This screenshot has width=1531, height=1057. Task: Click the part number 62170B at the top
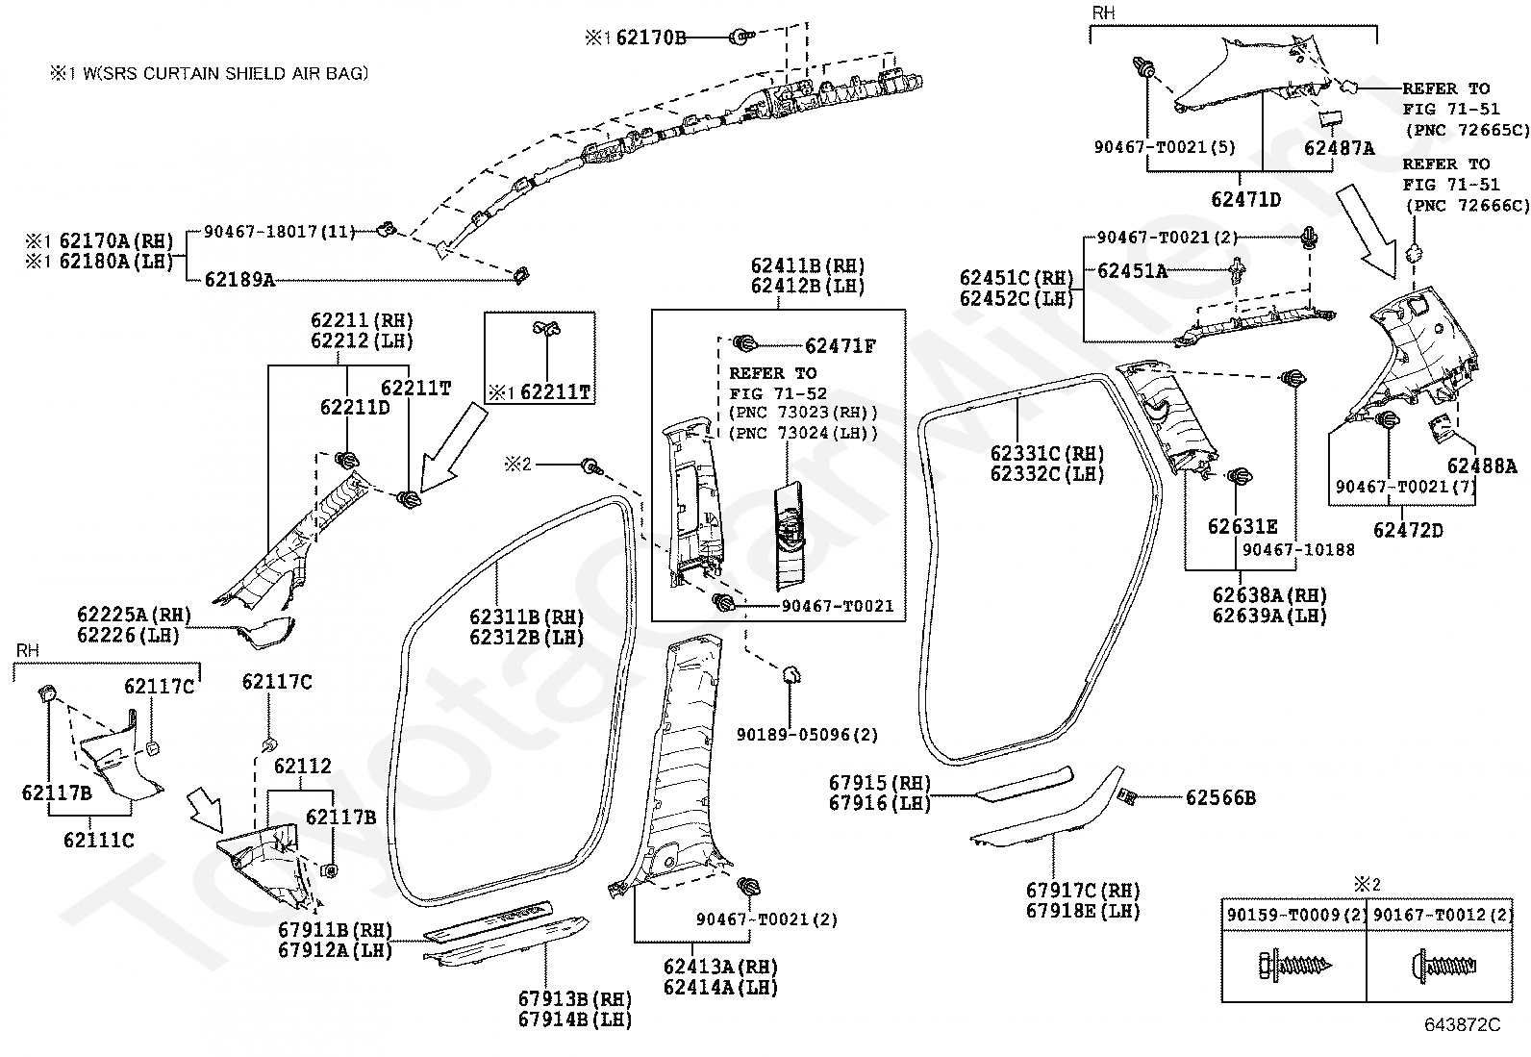tap(651, 38)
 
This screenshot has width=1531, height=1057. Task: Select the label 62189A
tap(239, 279)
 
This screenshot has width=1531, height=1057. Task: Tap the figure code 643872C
tap(1462, 1024)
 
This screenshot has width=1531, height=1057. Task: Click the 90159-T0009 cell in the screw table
tap(1294, 915)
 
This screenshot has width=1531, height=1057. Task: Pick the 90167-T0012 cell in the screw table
tap(1440, 915)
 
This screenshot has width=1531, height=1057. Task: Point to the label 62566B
tap(1220, 798)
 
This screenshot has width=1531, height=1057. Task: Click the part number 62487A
tap(1339, 148)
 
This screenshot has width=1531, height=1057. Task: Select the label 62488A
tap(1482, 466)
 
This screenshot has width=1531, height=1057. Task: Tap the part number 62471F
tap(840, 346)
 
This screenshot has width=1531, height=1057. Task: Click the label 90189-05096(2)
tap(807, 735)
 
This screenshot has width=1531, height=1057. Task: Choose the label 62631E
tap(1242, 526)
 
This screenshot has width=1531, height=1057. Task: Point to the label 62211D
tap(355, 408)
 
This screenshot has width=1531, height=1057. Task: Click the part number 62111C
tap(98, 841)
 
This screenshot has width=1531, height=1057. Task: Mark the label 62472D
tap(1408, 530)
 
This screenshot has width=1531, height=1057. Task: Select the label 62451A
tap(1133, 271)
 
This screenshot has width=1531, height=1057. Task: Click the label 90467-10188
tap(1298, 550)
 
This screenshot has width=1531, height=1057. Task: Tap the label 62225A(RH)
tap(134, 615)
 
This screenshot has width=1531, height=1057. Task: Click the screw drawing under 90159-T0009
tap(1295, 966)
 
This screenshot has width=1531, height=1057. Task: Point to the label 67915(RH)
tap(880, 783)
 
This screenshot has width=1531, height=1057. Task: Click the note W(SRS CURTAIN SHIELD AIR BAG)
tap(226, 73)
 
